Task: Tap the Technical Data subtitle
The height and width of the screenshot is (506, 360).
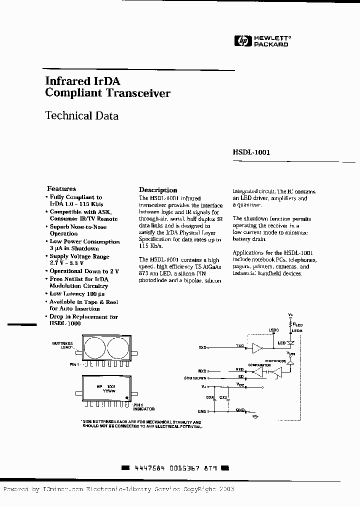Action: (82, 115)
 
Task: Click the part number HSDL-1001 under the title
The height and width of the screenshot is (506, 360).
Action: (251, 152)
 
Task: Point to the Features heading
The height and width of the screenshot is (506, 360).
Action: (61, 188)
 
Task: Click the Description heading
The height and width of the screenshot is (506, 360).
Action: (158, 190)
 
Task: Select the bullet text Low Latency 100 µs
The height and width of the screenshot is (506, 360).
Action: (77, 294)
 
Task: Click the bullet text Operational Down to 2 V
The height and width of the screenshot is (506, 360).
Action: (84, 271)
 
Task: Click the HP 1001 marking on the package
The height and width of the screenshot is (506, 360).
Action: (106, 386)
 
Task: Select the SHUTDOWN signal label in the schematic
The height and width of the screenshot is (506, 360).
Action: (195, 378)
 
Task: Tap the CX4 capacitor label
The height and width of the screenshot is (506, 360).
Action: (209, 397)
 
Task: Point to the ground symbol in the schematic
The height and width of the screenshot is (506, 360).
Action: (256, 416)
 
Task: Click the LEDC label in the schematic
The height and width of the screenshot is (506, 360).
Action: (273, 330)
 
